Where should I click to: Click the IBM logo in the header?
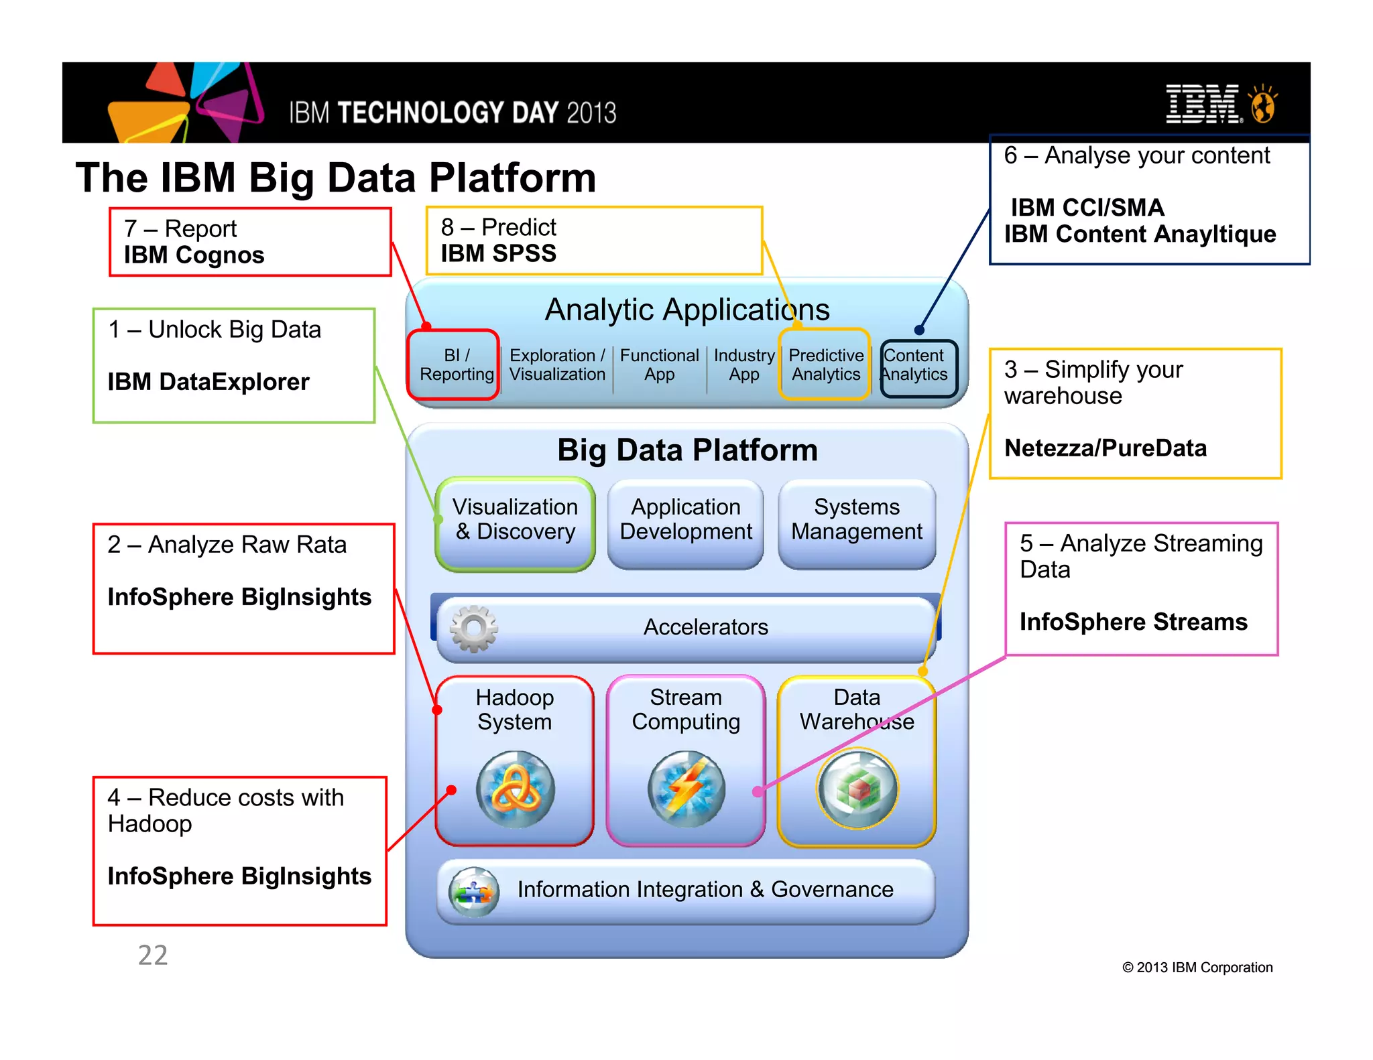pyautogui.click(x=1203, y=105)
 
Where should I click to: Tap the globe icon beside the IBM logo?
pyautogui.click(x=1263, y=105)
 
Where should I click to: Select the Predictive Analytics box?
pyautogui.click(x=825, y=365)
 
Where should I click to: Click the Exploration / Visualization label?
pyautogui.click(x=557, y=365)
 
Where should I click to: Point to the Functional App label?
pyautogui.click(x=659, y=365)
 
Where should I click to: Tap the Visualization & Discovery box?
pyautogui.click(x=515, y=523)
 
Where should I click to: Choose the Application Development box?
pyautogui.click(x=686, y=523)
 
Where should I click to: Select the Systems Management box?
pyautogui.click(x=857, y=523)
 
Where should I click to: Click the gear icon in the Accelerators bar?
pyautogui.click(x=474, y=628)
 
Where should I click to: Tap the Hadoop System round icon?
pyautogui.click(x=515, y=789)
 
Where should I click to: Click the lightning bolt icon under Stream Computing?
pyautogui.click(x=686, y=789)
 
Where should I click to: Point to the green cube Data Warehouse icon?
pyautogui.click(x=857, y=789)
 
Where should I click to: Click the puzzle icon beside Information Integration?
pyautogui.click(x=473, y=892)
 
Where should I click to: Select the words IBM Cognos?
pyautogui.click(x=194, y=255)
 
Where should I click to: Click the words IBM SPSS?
pyautogui.click(x=498, y=254)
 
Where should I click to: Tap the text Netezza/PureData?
pyautogui.click(x=1105, y=448)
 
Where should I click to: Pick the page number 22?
pyautogui.click(x=153, y=955)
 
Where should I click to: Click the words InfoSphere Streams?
pyautogui.click(x=1133, y=622)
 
